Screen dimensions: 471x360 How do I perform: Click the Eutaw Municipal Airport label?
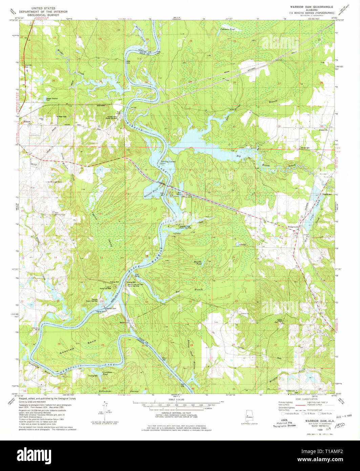click(54, 182)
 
